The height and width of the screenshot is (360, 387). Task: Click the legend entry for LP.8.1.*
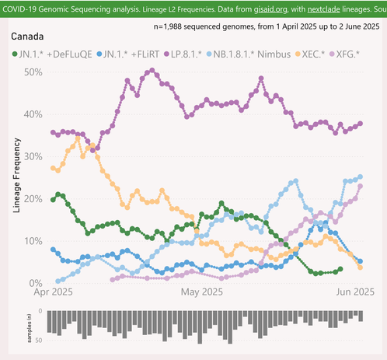[x=183, y=54]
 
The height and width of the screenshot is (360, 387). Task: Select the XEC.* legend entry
[x=310, y=54]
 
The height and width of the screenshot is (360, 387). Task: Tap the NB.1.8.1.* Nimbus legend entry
[x=249, y=54]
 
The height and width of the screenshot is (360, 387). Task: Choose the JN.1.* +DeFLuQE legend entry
[x=52, y=54]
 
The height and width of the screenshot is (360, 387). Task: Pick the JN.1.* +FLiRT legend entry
[x=128, y=54]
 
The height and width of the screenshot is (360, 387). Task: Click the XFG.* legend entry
[x=344, y=54]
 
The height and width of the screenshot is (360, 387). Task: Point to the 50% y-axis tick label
[x=33, y=72]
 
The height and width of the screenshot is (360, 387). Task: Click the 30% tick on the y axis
[x=33, y=156]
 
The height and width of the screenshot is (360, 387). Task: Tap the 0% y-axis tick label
[x=36, y=283]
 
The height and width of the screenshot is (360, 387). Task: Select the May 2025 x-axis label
[x=202, y=292]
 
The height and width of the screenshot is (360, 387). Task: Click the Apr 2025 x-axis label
[x=53, y=292]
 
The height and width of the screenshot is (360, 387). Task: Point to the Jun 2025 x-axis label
[x=355, y=292]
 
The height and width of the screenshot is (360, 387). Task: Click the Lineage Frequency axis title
[x=16, y=175]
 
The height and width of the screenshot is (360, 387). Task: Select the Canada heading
[x=27, y=37]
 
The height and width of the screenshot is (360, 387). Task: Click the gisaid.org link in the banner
[x=270, y=9]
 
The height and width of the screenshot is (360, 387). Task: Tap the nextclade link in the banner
[x=324, y=9]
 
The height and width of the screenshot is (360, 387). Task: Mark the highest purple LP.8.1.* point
[x=152, y=70]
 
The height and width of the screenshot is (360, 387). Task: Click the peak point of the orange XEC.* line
[x=78, y=138]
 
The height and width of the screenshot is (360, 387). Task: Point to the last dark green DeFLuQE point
[x=340, y=269]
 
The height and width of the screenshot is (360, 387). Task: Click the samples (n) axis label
[x=30, y=328]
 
